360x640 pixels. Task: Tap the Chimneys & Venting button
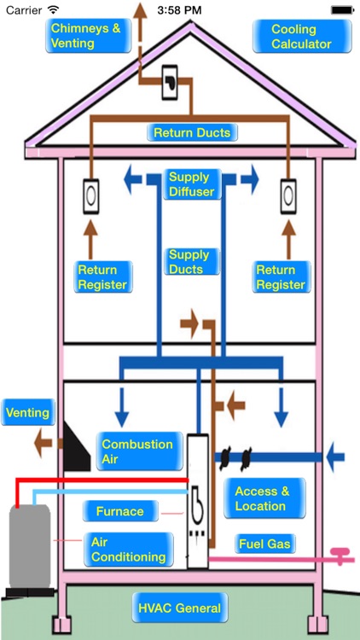coord(85,36)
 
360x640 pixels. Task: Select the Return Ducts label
coord(191,133)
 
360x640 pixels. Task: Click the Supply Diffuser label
coord(189,184)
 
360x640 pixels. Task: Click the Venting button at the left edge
coord(27,414)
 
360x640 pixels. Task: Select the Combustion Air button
coord(136,451)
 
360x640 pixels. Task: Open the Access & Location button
coord(264,498)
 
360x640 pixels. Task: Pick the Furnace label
coord(119,512)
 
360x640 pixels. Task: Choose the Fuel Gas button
coord(264,544)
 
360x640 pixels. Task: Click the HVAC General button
coord(179,609)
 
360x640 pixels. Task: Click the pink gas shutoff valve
coord(343,556)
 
